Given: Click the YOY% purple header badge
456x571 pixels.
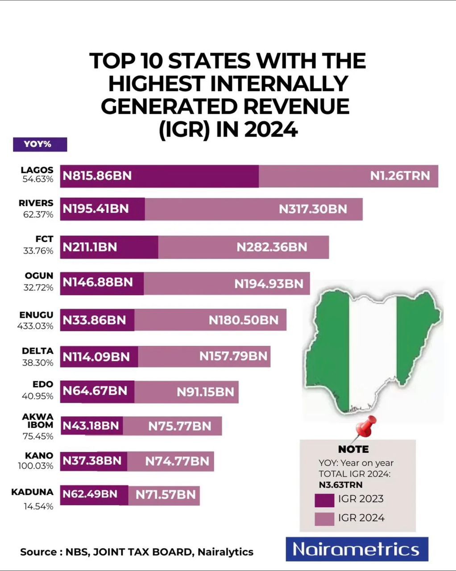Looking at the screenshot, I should (40, 145).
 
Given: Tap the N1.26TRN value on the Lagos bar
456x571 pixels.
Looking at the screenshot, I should (400, 176).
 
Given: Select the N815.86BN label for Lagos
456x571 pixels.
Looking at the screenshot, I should (97, 176).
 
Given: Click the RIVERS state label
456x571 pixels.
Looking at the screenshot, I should (36, 203).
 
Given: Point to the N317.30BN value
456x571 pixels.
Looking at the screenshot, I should (313, 209).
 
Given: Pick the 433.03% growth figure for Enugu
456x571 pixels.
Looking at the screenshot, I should (35, 326).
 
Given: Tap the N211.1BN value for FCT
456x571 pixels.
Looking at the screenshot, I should (90, 247).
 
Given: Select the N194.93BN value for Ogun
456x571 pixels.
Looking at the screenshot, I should (269, 284).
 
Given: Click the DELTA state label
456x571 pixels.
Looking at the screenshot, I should (37, 351).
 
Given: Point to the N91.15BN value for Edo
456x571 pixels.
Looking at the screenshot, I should (205, 392).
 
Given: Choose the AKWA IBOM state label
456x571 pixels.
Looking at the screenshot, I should (38, 421).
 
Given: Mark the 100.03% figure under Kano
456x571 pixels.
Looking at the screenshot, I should (36, 466).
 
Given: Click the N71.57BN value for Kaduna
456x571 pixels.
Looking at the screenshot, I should (166, 495).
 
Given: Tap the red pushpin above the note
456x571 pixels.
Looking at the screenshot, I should (366, 427).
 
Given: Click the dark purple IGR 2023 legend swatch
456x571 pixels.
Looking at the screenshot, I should (324, 500).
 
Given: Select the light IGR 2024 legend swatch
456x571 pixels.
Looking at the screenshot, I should (324, 519).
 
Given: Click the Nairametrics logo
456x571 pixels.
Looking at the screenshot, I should (357, 549).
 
